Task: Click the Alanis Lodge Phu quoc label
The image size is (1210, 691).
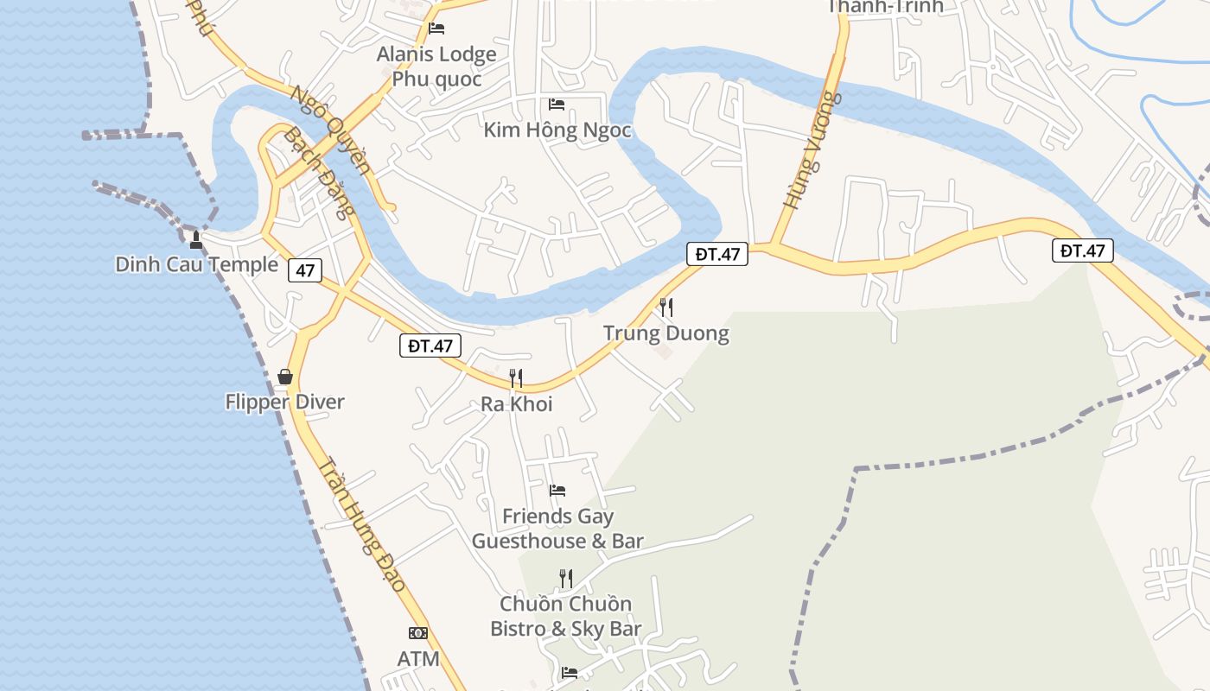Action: point(436,67)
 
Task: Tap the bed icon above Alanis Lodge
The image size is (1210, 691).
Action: point(436,28)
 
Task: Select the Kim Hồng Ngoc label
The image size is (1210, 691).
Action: point(557,130)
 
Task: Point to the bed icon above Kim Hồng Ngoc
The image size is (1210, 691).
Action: point(557,105)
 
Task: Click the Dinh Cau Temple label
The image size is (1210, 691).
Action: point(197,264)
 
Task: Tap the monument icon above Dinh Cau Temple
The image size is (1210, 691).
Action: point(196,239)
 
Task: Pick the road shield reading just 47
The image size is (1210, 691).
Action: point(305,270)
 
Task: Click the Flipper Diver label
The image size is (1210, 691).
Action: point(284,402)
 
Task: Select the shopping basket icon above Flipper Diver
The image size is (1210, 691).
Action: point(285,377)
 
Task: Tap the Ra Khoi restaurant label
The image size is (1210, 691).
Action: point(516,403)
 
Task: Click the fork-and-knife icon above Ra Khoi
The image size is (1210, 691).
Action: point(516,377)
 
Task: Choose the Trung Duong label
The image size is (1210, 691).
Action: point(665,333)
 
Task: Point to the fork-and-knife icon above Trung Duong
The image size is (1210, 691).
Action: point(665,307)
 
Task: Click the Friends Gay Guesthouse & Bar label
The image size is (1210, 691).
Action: point(557,529)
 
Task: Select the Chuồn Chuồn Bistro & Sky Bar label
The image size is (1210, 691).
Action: point(565,616)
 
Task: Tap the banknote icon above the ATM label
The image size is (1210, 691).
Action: point(418,633)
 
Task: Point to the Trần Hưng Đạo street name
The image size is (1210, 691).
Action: point(361,524)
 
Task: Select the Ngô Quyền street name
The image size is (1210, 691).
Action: point(331,130)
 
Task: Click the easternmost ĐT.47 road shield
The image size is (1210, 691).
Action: point(1082,250)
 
